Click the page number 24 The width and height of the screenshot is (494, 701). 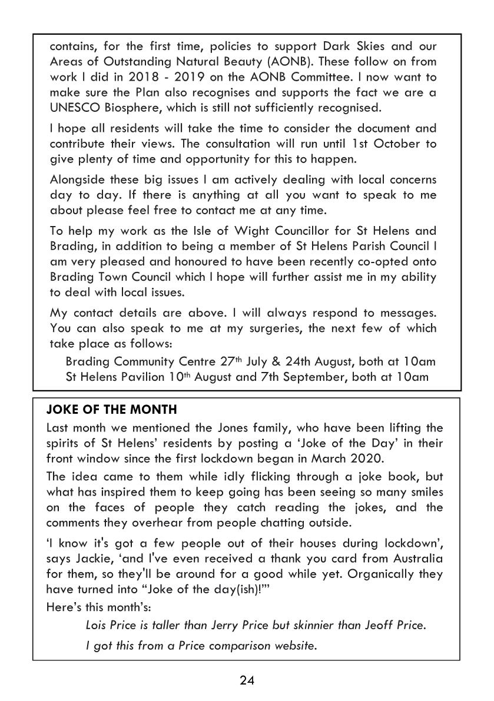[247, 681]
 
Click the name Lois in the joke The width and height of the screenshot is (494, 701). [97, 625]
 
